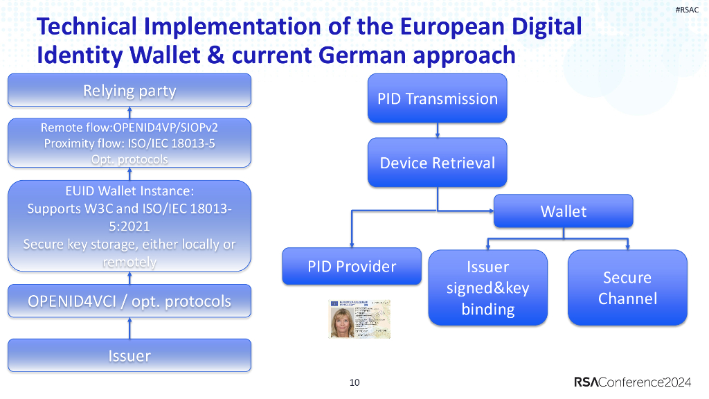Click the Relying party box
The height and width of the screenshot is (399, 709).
click(x=129, y=91)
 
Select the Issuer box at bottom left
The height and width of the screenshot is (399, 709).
click(x=129, y=356)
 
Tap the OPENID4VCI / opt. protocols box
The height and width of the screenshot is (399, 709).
click(x=129, y=301)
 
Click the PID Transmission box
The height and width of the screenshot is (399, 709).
click(x=437, y=98)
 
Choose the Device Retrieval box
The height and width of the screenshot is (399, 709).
click(x=437, y=163)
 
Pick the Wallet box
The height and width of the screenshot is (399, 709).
click(x=563, y=211)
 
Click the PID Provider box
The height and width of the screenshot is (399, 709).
click(x=352, y=267)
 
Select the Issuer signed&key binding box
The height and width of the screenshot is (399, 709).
click(x=487, y=287)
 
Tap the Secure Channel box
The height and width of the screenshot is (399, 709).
click(x=627, y=287)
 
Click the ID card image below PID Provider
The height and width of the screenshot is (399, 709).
click(x=359, y=319)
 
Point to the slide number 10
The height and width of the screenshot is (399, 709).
click(x=354, y=382)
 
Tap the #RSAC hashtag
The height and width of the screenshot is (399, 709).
click(x=686, y=9)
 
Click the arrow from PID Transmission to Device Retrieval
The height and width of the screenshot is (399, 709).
click(x=437, y=130)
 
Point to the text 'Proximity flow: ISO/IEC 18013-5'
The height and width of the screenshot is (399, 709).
click(x=129, y=143)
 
